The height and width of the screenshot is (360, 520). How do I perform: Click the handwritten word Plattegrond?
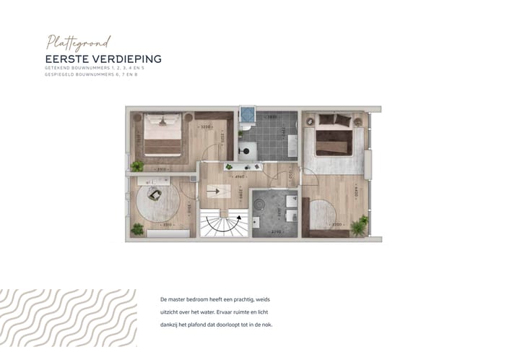[77, 42]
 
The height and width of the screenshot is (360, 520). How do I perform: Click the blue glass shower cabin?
[248, 116]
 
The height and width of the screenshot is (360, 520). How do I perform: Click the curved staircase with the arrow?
[223, 223]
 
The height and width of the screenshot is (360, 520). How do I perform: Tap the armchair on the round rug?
[155, 194]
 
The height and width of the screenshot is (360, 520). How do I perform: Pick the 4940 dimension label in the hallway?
[238, 176]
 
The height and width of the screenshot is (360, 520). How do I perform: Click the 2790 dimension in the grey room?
[275, 231]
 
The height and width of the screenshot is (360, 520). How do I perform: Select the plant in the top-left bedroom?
[136, 166]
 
